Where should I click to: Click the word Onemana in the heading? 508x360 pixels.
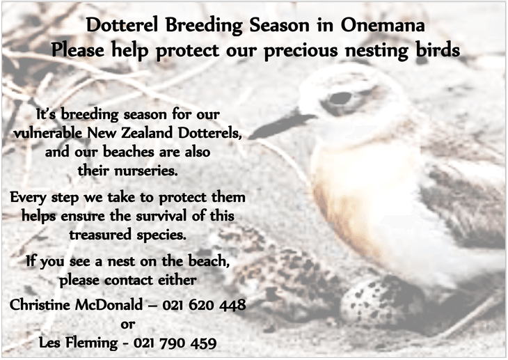coord(383,25)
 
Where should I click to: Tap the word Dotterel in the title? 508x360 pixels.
coord(122,25)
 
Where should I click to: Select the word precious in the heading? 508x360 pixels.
coord(301,51)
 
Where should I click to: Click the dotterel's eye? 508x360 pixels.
coord(340,97)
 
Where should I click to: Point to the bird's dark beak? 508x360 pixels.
coord(282,124)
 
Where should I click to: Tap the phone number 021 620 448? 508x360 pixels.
coord(204,305)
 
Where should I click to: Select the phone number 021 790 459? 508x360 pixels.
coord(175,343)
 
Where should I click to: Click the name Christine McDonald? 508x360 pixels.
coord(76,305)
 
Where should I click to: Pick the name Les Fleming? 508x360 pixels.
coord(79,343)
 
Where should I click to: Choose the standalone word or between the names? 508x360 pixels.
coord(127,324)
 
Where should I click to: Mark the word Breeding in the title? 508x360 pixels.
coord(204,26)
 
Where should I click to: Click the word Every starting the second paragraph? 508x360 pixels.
coord(29,198)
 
